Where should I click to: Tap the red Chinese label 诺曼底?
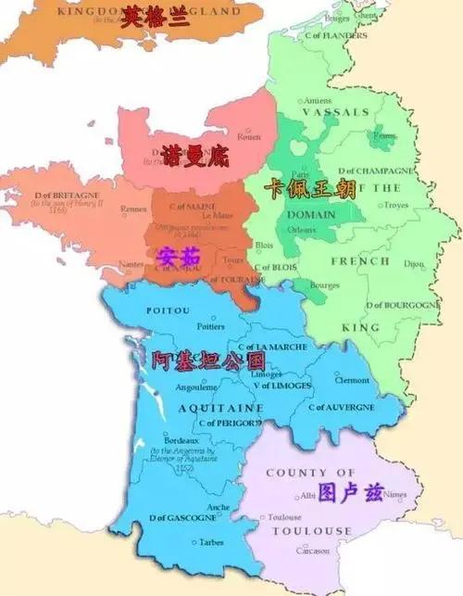(x=194, y=153)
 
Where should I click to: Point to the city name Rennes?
(x=133, y=209)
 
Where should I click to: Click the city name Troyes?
(x=395, y=205)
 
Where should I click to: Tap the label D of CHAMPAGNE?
(x=376, y=171)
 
